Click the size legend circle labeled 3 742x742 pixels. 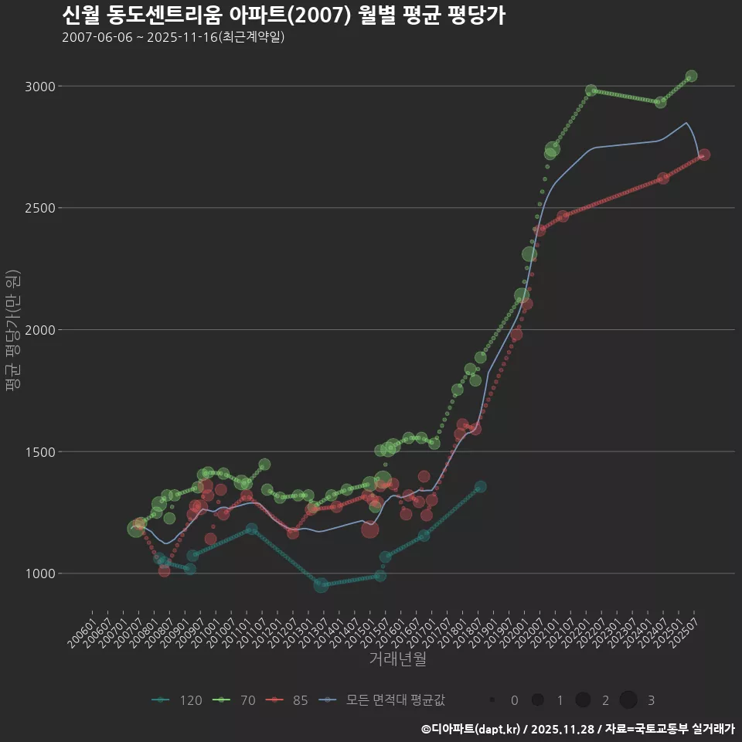628,700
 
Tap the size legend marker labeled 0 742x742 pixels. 492,700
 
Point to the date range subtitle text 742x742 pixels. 173,37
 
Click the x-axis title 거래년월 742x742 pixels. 397,659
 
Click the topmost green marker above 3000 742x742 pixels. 692,76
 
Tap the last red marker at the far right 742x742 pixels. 704,155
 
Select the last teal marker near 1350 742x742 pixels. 480,487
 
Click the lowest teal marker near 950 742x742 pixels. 321,585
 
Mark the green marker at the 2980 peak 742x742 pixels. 591,90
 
